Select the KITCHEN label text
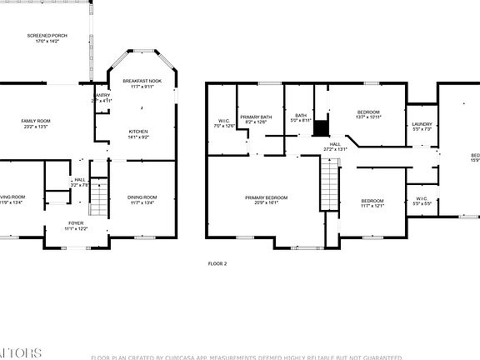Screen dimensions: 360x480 pyautogui.click(x=138, y=132)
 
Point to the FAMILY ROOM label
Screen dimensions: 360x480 pyautogui.click(x=36, y=121)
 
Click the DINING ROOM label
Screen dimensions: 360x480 pyautogui.click(x=142, y=197)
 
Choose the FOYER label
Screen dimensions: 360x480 pyautogui.click(x=76, y=223)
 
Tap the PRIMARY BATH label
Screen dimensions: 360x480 pyautogui.click(x=256, y=117)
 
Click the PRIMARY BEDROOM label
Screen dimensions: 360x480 pyautogui.click(x=266, y=197)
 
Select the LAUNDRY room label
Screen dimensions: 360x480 pyautogui.click(x=422, y=124)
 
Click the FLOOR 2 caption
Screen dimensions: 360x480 pyautogui.click(x=217, y=263)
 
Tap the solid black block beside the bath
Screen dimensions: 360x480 pyautogui.click(x=326, y=127)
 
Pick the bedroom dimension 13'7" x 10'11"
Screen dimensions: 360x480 pyautogui.click(x=368, y=117)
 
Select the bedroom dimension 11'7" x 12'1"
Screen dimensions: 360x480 pyautogui.click(x=372, y=206)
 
